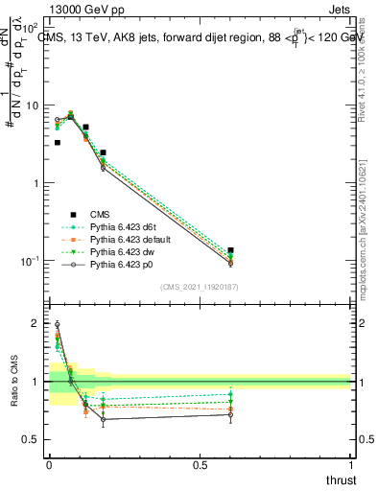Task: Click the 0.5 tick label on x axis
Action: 200,464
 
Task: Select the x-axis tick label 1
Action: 351,464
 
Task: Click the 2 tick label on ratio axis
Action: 37,324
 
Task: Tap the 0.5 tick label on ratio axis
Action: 34,439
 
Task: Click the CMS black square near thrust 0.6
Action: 231,250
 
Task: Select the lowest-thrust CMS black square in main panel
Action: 57,142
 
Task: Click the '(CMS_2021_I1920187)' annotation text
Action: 200,286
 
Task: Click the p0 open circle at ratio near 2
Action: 57,324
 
